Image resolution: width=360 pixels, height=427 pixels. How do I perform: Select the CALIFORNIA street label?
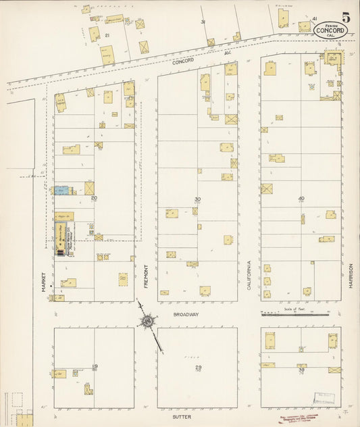point(249,275)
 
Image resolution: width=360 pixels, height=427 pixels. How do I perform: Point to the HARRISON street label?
point(351,275)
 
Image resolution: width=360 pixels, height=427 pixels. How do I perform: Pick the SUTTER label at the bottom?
point(182,418)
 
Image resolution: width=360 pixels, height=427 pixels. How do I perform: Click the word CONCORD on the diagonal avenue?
point(183,61)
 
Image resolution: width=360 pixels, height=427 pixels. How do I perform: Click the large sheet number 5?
point(346,18)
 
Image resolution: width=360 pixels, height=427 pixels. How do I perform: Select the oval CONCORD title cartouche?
point(331,30)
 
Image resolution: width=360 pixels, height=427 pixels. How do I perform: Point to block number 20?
point(95,198)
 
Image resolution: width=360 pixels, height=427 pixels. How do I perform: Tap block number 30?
point(197,199)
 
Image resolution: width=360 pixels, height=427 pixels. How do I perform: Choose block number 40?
point(301,199)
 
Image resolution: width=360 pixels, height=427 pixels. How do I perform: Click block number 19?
point(95,366)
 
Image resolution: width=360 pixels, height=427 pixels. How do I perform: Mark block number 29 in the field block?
point(198,367)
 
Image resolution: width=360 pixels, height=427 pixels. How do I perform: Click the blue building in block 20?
point(62,191)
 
